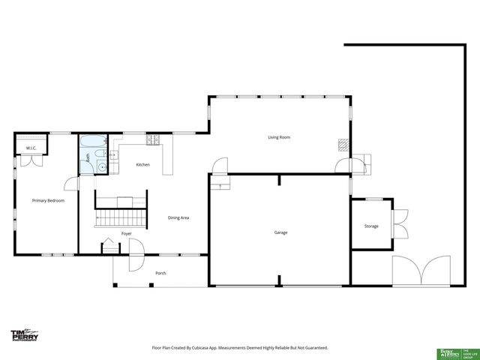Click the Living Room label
279,137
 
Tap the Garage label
280,232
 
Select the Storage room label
371,226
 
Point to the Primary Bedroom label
47,201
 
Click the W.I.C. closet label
31,148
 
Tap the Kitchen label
142,164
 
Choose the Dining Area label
178,217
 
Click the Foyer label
126,233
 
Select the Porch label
160,273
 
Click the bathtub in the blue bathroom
93,141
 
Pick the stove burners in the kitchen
153,139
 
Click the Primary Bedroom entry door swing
70,182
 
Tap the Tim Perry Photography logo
24,335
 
